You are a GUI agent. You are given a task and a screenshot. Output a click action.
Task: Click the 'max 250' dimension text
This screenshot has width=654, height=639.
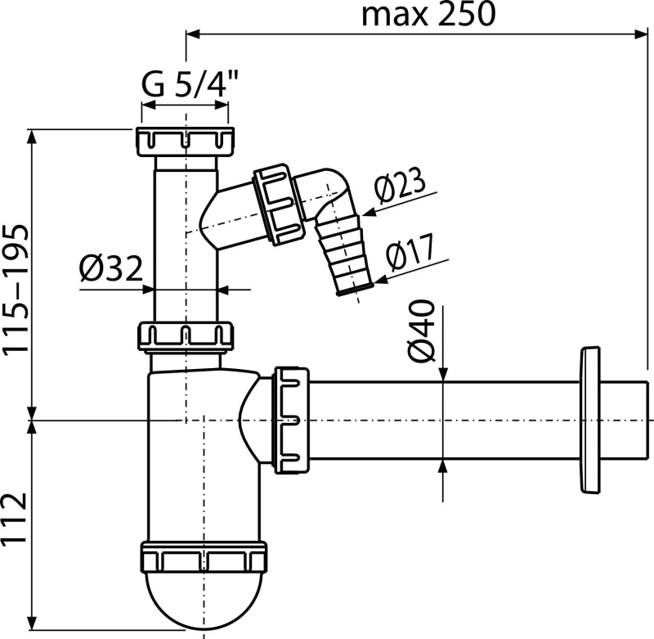428,14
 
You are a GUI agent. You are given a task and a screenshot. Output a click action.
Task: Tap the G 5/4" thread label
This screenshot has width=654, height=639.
190,83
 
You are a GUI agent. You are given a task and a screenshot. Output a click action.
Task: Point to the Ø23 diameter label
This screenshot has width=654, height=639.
400,184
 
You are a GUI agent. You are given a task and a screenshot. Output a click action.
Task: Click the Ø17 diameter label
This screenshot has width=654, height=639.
410,252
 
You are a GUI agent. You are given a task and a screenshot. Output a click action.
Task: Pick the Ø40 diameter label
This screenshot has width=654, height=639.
421,331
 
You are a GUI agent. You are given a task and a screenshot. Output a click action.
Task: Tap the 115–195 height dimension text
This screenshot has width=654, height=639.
16,290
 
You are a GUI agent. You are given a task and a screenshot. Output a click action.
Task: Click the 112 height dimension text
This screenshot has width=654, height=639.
15,519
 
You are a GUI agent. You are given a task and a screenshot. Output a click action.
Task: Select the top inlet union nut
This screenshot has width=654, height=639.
185,141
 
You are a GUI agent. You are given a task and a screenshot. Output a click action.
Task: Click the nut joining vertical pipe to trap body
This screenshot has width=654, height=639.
186,336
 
